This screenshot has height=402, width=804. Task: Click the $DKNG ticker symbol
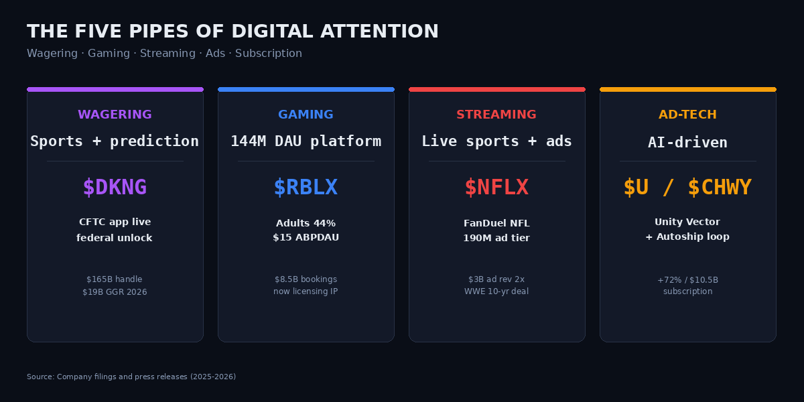[x=115, y=188]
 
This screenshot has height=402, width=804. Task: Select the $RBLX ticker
[x=306, y=188]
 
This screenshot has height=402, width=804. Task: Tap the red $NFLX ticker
[x=496, y=188]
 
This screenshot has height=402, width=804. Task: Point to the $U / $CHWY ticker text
[x=687, y=188]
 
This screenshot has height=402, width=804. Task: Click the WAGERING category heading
[x=115, y=115]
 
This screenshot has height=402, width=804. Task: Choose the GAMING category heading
[x=306, y=115]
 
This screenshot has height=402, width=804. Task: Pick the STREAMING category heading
[x=496, y=115]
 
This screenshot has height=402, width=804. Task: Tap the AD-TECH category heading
[x=687, y=115]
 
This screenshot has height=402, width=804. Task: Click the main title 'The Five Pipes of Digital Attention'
[x=232, y=31]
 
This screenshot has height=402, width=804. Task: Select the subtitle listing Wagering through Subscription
[x=164, y=54]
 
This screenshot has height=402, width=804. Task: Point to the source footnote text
[x=131, y=377]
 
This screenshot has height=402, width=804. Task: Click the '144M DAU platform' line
[x=306, y=141]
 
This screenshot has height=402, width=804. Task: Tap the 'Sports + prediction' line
[x=115, y=141]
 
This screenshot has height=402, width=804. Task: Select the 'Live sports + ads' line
[x=496, y=141]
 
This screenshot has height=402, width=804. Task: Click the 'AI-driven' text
[x=687, y=143]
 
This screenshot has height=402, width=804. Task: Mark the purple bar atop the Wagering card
[x=115, y=89]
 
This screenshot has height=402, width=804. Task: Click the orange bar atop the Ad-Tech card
[x=687, y=89]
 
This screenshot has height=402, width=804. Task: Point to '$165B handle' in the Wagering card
[x=115, y=279]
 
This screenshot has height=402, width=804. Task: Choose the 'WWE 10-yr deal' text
[x=496, y=291]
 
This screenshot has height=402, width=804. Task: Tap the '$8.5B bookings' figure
[x=306, y=279]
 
